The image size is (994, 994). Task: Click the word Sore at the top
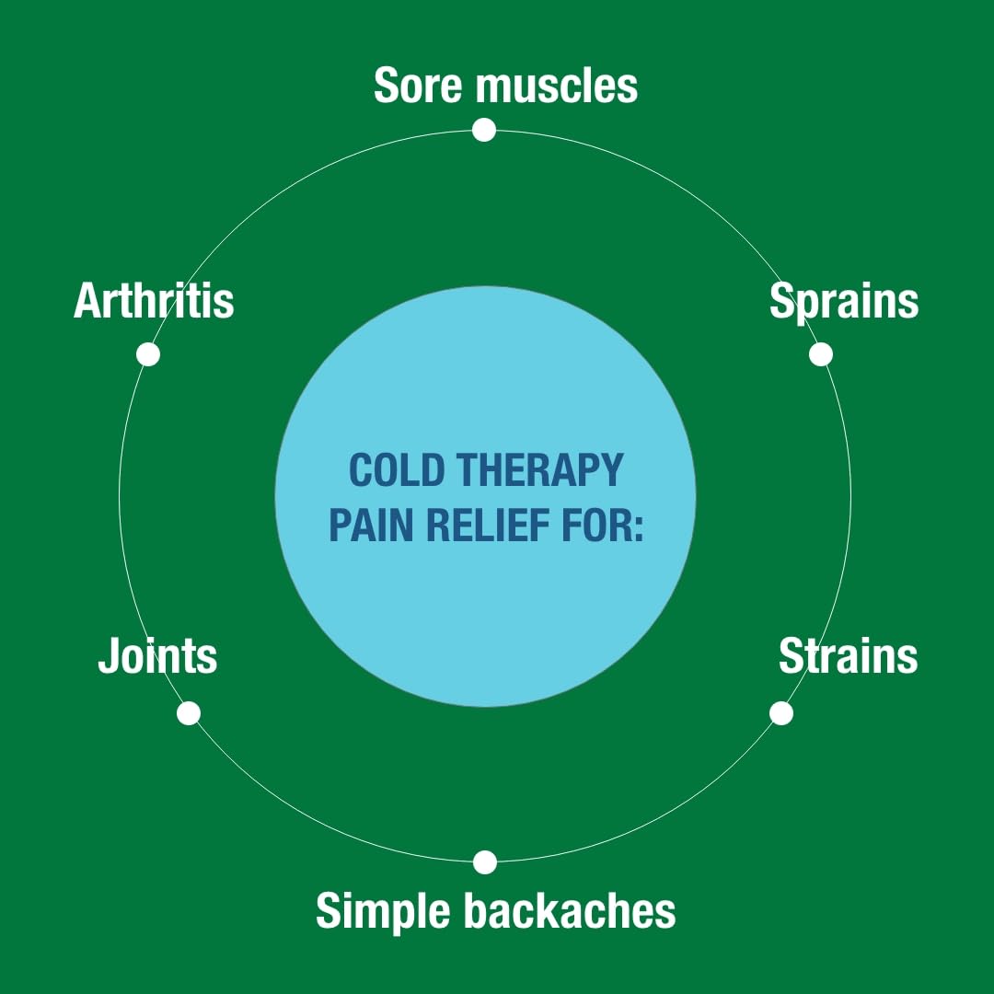pyautogui.click(x=418, y=86)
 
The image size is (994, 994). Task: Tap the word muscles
pyautogui.click(x=556, y=86)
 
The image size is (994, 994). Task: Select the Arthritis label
pyautogui.click(x=154, y=301)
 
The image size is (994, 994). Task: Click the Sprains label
pyautogui.click(x=844, y=301)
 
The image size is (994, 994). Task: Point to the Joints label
pyautogui.click(x=157, y=656)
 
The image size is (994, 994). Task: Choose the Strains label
pyautogui.click(x=848, y=656)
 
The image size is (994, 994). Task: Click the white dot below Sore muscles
pyautogui.click(x=484, y=130)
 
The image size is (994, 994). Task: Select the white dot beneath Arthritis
pyautogui.click(x=148, y=354)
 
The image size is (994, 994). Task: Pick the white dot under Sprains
pyautogui.click(x=821, y=354)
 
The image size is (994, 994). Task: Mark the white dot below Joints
pyautogui.click(x=189, y=713)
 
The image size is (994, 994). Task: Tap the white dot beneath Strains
pyautogui.click(x=781, y=713)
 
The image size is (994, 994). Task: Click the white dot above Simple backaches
pyautogui.click(x=485, y=862)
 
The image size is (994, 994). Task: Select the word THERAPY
pyautogui.click(x=540, y=470)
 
